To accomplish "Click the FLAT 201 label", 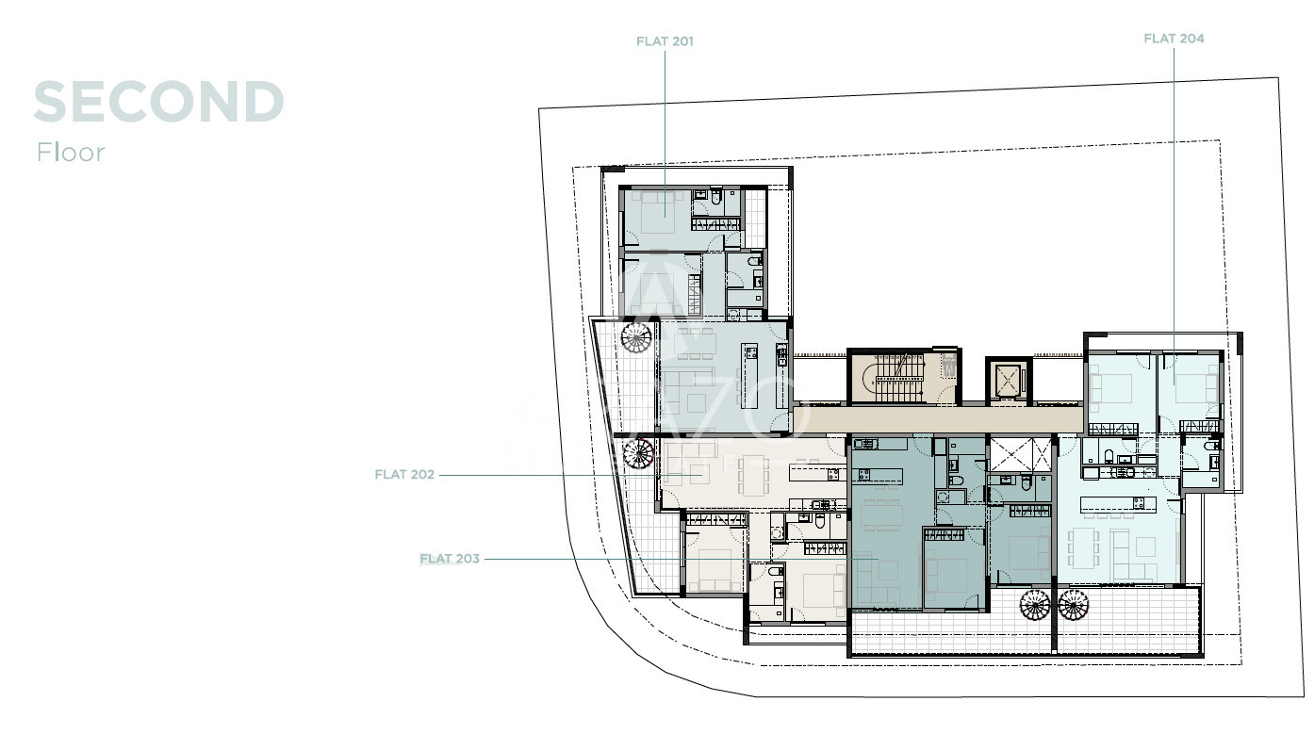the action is click(665, 41).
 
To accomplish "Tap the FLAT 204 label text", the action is click(1174, 39).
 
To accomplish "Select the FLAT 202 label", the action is click(404, 475).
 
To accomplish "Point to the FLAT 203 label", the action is click(450, 559).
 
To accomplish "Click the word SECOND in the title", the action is click(159, 102).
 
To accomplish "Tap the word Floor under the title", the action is click(71, 153).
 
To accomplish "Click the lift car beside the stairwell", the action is click(1009, 381).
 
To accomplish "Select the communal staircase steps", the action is click(898, 377).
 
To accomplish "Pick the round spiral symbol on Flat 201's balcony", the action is click(636, 337).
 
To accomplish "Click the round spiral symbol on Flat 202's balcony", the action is click(638, 453).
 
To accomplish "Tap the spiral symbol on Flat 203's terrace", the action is click(1034, 605).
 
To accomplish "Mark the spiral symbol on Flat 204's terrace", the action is click(1074, 605).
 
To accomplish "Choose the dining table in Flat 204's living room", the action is click(1083, 548).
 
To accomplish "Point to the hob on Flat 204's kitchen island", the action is click(1139, 502).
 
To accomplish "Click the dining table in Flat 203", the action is click(881, 515).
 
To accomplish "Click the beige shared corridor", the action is click(939, 419).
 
